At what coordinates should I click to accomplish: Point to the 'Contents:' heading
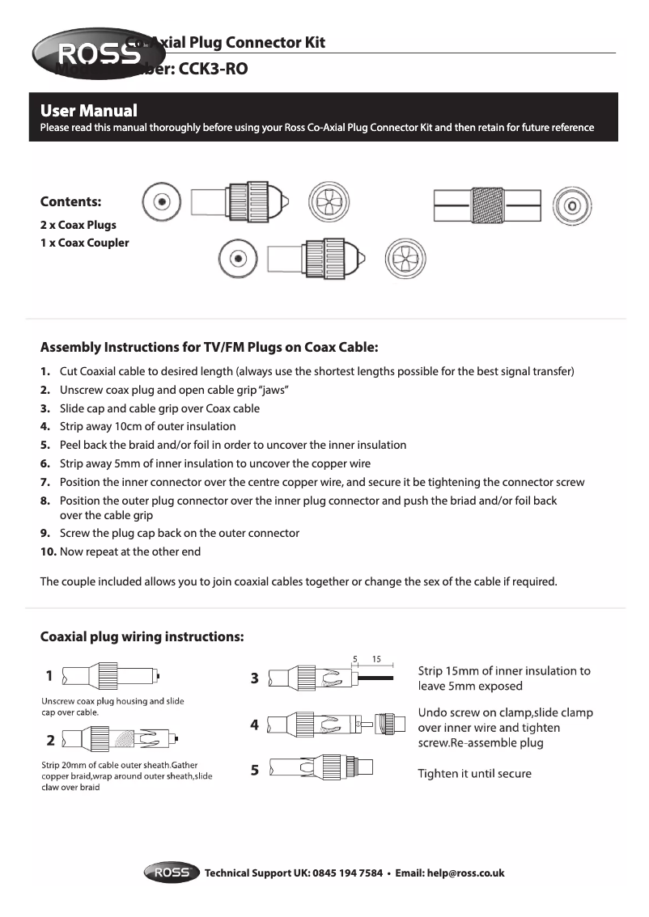point(71,201)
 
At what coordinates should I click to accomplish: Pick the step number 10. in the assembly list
point(49,551)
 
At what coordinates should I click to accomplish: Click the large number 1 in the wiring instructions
point(49,674)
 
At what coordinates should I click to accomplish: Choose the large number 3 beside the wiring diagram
point(254,678)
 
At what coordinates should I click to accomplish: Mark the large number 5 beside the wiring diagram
point(254,770)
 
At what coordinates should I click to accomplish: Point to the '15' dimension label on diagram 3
point(376,659)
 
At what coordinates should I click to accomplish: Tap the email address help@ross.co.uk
point(466,873)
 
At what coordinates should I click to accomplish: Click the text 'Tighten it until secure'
point(474,774)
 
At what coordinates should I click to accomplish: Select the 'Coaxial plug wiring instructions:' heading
point(142,636)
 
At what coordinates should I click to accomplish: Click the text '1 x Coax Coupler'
point(84,243)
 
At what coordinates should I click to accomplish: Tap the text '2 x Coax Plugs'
point(78,225)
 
